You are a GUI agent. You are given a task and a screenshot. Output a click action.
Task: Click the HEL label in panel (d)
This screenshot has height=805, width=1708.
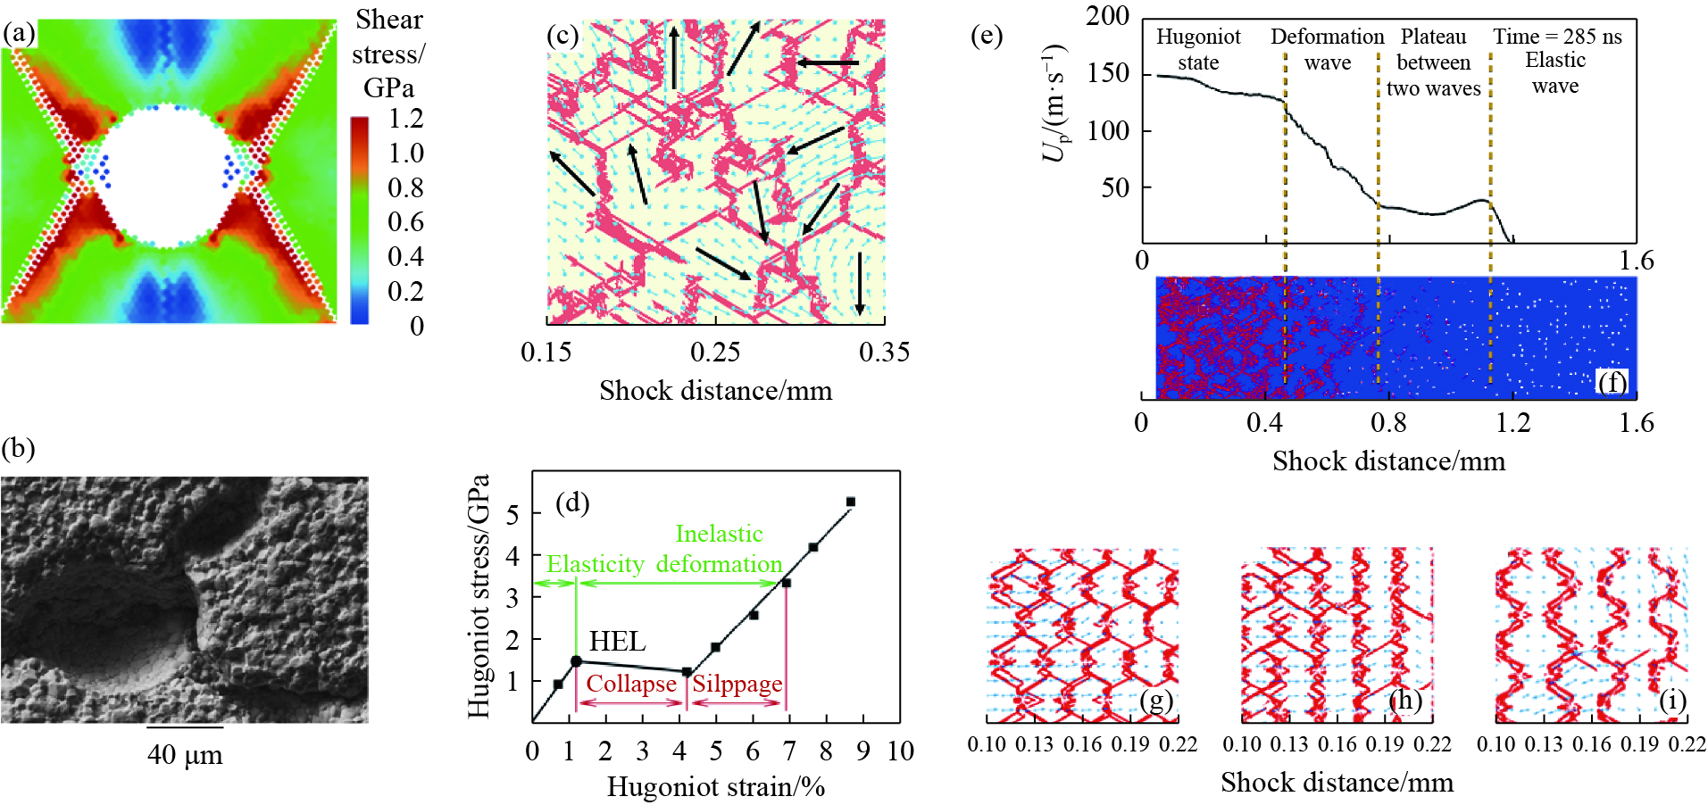coord(617,641)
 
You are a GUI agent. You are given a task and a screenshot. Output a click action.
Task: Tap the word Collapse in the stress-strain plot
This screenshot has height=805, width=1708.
coord(631,684)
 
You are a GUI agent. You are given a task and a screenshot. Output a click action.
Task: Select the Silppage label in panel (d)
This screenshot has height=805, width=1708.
coord(737,684)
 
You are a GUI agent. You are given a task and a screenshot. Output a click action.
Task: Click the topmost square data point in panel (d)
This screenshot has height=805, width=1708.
coord(850,502)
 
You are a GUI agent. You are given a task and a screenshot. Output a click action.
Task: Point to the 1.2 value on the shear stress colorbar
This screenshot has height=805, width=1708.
coord(406,119)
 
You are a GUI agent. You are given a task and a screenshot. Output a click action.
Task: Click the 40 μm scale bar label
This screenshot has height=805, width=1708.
coord(185,755)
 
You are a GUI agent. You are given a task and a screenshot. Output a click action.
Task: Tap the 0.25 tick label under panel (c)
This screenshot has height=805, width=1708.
coord(715,352)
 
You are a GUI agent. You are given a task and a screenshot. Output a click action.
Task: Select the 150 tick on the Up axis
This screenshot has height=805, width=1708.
coord(1108,73)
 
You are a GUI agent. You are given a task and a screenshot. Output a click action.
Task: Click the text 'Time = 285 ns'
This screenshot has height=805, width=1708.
coord(1557,37)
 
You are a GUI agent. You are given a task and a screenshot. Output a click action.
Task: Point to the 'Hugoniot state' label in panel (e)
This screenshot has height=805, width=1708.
coord(1198,49)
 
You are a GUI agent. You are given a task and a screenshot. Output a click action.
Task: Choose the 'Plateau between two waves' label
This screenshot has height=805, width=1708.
coord(1433,62)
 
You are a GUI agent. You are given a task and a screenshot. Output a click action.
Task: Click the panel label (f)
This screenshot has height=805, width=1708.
coord(1612,382)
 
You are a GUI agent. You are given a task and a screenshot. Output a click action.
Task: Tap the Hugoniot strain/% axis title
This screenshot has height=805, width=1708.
coord(716,787)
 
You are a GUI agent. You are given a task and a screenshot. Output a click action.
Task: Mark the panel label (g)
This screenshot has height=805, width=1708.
coord(1155,701)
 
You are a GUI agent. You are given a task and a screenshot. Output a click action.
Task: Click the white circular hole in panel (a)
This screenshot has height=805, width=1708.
coord(167,176)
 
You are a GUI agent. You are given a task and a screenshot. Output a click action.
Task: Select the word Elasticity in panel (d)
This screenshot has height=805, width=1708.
coord(595,564)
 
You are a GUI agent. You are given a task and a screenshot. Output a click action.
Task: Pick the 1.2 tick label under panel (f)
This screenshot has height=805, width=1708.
coord(1513,422)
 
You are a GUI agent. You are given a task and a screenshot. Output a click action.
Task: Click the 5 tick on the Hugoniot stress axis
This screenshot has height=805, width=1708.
coord(512,514)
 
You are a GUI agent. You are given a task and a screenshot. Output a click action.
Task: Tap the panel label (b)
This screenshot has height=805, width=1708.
coord(18,448)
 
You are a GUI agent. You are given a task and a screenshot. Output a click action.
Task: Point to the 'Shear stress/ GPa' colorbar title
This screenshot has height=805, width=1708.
coord(388,54)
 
